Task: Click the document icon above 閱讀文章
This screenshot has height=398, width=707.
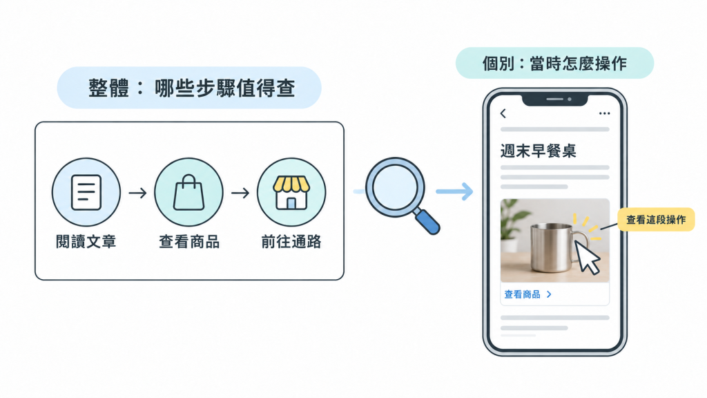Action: [x=86, y=192]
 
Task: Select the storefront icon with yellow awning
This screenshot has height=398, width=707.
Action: [x=291, y=192]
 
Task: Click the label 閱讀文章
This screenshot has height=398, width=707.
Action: [x=86, y=242]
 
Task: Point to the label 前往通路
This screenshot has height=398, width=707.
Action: [x=291, y=242]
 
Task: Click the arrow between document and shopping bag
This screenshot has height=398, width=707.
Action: [x=137, y=193]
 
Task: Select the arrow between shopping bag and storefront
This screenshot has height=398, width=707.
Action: [x=240, y=193]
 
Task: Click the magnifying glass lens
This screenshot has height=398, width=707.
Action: [x=395, y=187]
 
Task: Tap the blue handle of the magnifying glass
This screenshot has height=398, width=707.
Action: [x=427, y=222]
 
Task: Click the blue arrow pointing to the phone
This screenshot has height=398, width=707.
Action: [x=454, y=191]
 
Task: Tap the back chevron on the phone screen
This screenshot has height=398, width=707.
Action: [x=503, y=113]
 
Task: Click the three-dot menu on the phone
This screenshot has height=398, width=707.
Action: [x=604, y=113]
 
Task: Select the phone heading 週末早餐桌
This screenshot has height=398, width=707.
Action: [x=538, y=151]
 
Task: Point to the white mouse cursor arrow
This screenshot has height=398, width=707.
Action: [x=587, y=257]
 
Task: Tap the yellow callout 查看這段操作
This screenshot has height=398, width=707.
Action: [x=656, y=220]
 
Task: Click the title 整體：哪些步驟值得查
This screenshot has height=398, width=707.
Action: [x=192, y=88]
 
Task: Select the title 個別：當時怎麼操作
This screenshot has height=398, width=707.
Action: [x=554, y=64]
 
